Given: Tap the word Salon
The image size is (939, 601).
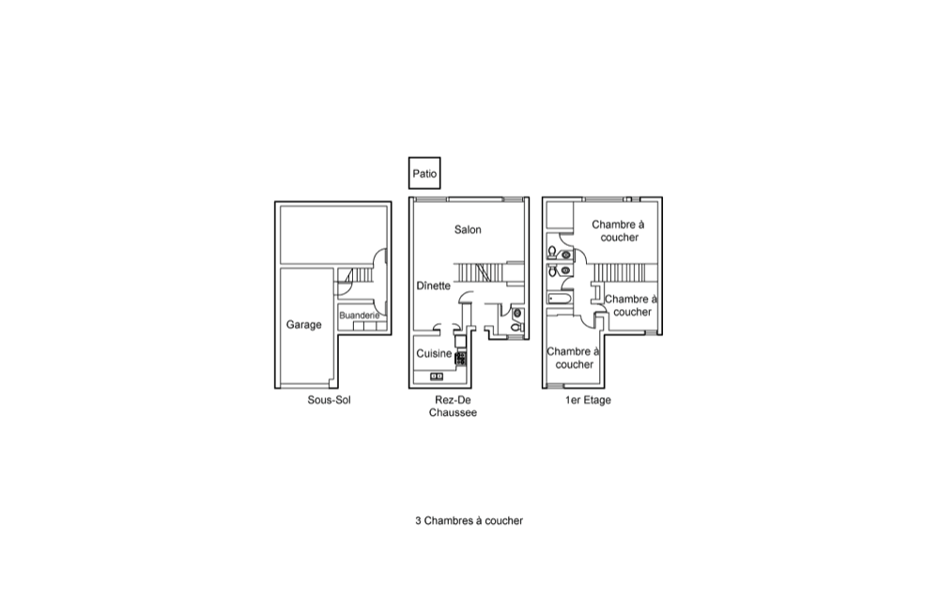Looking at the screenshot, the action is point(468,230).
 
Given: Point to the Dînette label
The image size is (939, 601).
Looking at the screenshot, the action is point(434,285).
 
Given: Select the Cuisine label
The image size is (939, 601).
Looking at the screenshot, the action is point(434,354).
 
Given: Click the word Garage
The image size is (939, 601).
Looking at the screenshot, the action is point(303,325).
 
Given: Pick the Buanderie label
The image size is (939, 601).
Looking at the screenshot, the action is point(360,316).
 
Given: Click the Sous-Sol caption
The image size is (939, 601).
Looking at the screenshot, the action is point(329,400).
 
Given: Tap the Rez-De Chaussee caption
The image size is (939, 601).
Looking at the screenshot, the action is point(453,407).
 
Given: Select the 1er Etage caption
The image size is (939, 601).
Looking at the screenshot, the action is point(588,400).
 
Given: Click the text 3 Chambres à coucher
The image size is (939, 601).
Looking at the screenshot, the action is point(469,521).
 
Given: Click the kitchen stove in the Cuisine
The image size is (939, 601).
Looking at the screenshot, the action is point(460,359).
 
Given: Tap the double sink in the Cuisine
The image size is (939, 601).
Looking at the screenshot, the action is point(437,377).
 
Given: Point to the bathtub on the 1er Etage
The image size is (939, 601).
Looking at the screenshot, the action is point(561,298).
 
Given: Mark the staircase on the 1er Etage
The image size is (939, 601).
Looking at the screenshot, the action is point(620,272).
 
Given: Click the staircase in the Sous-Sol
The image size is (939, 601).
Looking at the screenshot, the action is point(359,275).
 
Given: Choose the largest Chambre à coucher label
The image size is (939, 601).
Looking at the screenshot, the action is point(618,231).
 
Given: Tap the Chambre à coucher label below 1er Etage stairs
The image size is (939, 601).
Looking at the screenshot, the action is point(631,305).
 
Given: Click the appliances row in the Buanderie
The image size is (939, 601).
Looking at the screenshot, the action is point(369,326).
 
